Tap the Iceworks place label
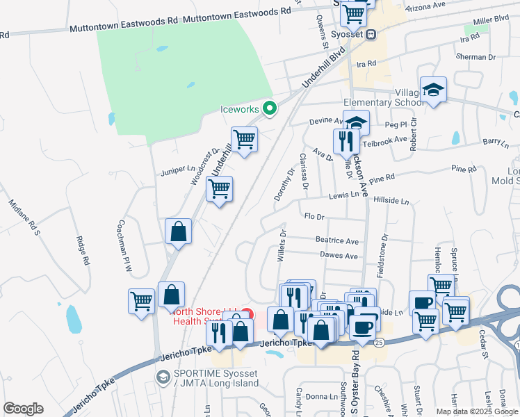pos(240,109)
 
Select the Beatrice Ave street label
pos(337,241)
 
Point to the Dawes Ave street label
pos(338,256)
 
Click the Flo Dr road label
pos(315,216)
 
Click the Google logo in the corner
pos(23,409)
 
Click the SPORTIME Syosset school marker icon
pos(163,376)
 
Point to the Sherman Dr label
pos(476,57)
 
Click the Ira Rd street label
pos(366,63)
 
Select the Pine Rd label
pos(463,169)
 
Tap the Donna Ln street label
pos(320,396)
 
